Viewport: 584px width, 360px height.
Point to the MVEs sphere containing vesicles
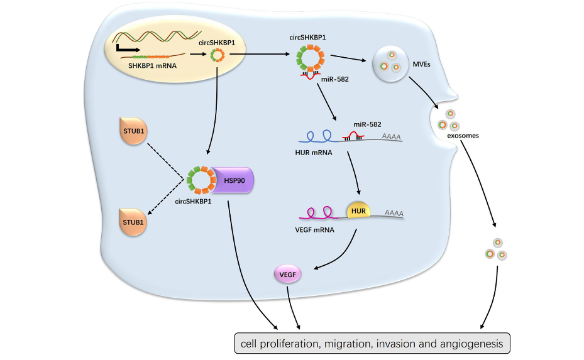click(x=388, y=65)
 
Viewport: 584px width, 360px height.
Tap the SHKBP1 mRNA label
click(x=153, y=65)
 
